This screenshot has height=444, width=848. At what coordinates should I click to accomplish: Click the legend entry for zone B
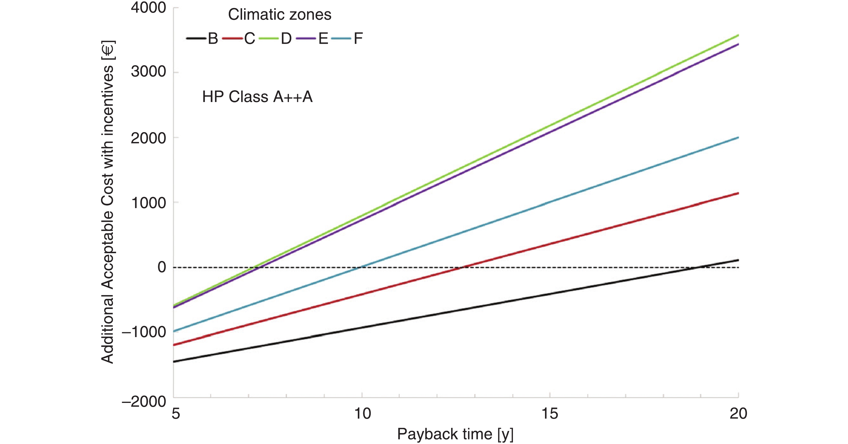coord(202,39)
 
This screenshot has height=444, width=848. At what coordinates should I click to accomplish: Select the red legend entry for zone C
coord(239,39)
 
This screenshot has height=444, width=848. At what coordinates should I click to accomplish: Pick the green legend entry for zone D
coord(275,39)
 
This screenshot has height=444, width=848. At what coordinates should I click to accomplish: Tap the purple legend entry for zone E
coord(312,39)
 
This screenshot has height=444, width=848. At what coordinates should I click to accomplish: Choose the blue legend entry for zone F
coord(347,39)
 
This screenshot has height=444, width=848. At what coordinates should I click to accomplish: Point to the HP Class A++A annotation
coord(257,97)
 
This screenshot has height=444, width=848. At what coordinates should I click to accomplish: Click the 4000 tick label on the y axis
coord(148,8)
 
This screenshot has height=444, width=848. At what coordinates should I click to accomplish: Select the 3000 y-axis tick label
coord(148,72)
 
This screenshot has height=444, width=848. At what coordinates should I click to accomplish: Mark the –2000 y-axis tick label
coord(144,401)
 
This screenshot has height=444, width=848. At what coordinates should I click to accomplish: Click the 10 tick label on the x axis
coord(362,414)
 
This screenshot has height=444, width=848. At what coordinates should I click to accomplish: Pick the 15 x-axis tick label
coord(550,414)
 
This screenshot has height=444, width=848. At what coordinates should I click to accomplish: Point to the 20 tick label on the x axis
coord(738,414)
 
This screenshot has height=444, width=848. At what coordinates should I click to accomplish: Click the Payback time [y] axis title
coord(455,434)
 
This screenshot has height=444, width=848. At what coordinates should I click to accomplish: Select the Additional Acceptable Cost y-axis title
coord(108,201)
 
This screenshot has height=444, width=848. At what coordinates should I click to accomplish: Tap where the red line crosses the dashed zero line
coord(461,268)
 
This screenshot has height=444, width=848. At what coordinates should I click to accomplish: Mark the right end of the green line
coord(738,35)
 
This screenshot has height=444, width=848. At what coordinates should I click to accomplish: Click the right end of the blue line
coord(738,137)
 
